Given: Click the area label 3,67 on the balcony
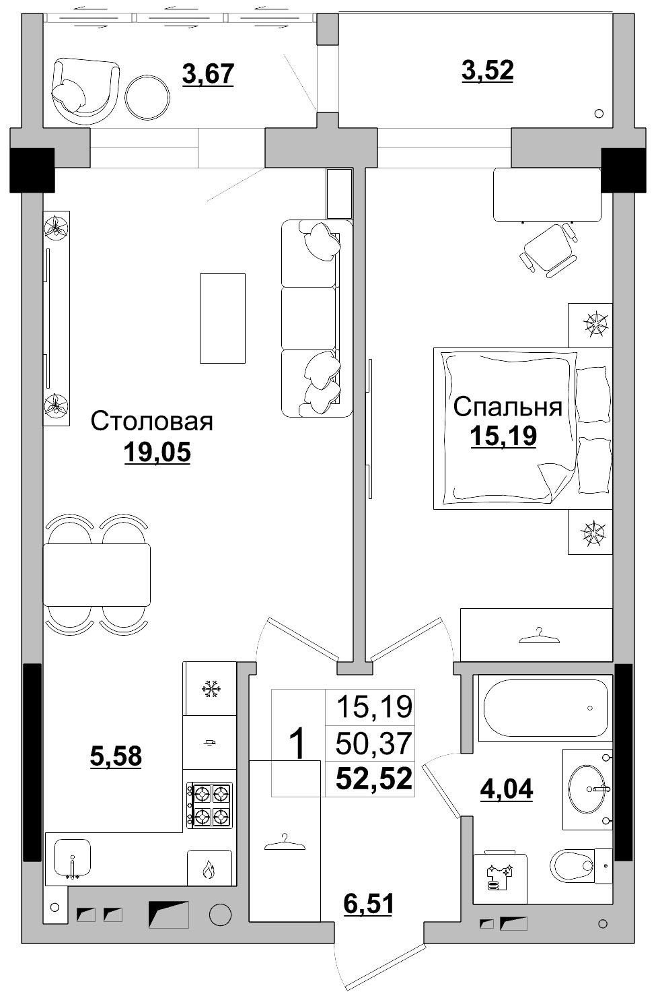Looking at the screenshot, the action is [208, 74].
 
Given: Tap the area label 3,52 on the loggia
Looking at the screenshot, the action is [487, 71].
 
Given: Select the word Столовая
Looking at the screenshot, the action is [152, 421].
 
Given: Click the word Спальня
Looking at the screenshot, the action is [508, 406].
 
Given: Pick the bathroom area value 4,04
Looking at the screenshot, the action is [507, 789].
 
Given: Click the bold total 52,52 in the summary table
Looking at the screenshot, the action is [374, 778].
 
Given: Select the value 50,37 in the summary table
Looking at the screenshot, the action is [373, 743].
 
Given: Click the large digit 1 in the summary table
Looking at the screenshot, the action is [297, 743].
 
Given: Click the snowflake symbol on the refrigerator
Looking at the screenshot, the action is [211, 689].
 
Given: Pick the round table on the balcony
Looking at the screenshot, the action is [147, 98].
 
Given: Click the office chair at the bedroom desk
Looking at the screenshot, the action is [549, 251].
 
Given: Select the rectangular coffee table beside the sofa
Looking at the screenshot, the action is [222, 318].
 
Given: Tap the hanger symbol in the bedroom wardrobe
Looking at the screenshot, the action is [539, 636].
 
